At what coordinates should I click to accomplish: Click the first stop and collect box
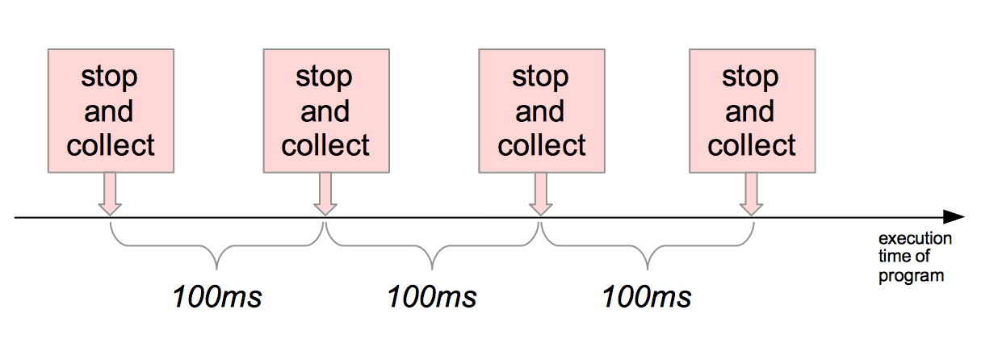click(110, 111)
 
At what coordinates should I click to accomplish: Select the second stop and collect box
click(325, 111)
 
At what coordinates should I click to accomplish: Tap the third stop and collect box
click(541, 111)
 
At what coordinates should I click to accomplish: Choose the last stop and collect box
click(752, 111)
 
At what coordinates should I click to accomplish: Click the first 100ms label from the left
click(217, 297)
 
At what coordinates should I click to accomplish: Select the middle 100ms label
click(432, 297)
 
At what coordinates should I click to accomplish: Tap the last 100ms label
click(647, 297)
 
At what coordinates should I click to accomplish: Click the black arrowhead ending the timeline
click(954, 217)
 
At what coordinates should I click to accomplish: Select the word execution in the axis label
click(915, 239)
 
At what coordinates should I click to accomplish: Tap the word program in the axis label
click(912, 276)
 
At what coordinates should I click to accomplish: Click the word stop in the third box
click(541, 77)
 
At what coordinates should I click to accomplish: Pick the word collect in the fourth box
click(752, 146)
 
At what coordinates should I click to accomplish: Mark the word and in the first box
click(110, 111)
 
